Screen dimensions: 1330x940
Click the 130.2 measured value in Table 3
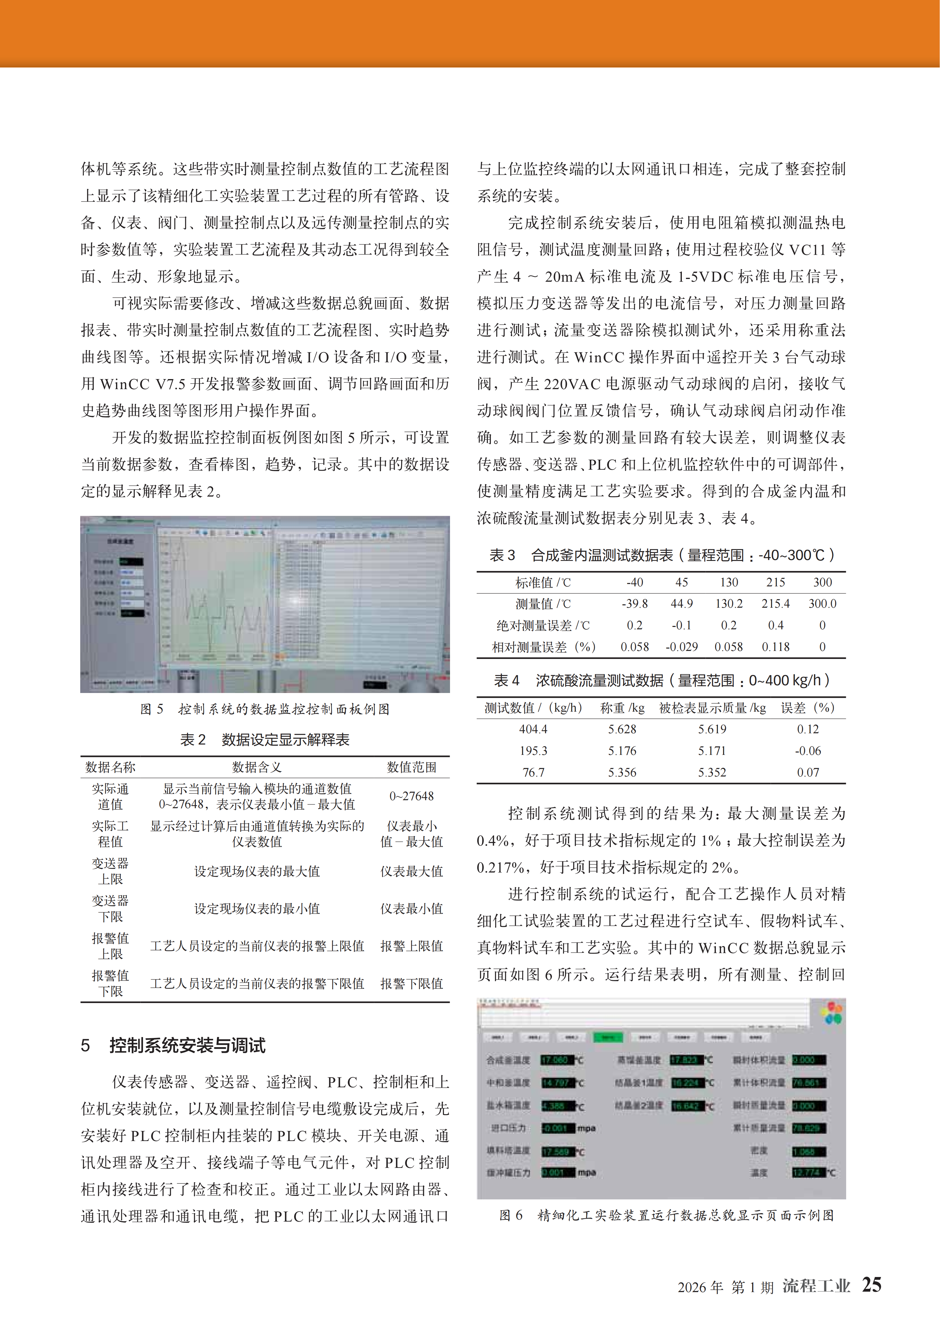(729, 604)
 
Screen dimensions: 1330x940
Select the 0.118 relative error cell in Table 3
(775, 647)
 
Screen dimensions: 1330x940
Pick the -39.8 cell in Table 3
(635, 604)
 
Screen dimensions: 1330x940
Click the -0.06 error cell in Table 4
(808, 751)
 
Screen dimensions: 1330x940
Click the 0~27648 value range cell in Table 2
(411, 796)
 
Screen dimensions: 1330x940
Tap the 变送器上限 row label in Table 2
(110, 871)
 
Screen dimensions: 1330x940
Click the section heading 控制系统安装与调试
(187, 1046)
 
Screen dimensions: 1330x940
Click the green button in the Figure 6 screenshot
(608, 1037)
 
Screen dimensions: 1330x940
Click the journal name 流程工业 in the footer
(816, 1286)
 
